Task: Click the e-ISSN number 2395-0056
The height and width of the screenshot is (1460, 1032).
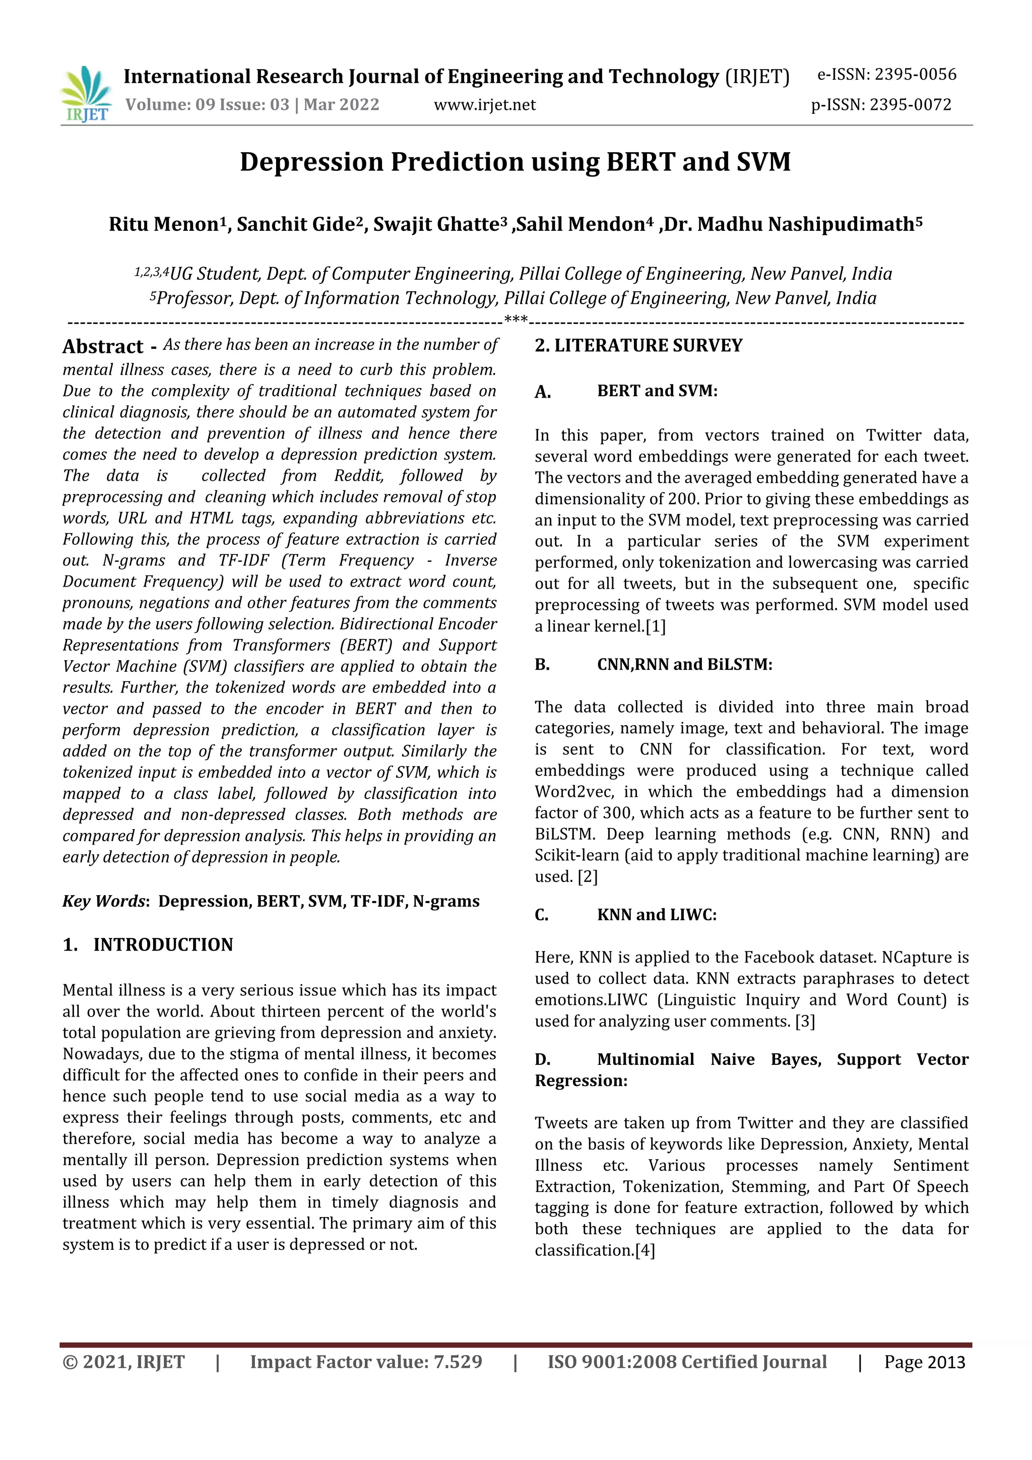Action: coord(915,75)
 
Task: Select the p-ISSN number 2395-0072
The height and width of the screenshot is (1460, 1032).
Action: coord(910,105)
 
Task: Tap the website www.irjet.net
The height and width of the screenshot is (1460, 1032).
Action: coord(485,105)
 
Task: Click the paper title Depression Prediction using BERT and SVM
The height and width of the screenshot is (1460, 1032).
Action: coord(515,162)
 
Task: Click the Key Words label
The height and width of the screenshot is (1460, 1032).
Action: coord(104,901)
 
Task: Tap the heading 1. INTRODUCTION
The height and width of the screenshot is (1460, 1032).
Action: coord(148,944)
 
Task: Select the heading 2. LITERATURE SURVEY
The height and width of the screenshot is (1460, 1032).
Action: coord(638,346)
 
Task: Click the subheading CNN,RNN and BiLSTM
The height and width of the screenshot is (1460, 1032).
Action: coord(684,665)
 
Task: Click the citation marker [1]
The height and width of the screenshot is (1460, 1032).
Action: coord(656,626)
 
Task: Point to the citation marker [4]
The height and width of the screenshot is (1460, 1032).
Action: coord(645,1250)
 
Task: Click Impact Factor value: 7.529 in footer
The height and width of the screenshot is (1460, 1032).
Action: coord(366,1362)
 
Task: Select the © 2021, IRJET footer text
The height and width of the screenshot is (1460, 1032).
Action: coord(123,1362)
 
